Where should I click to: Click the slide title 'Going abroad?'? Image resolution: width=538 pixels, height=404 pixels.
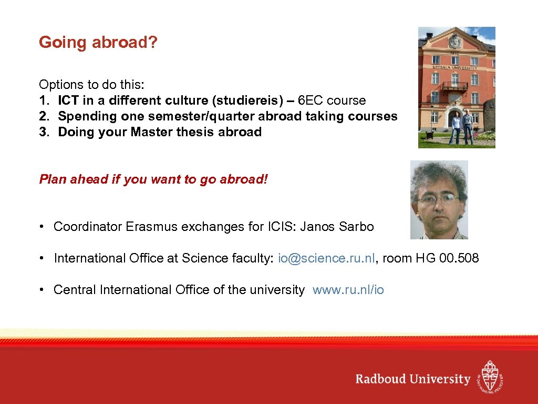pos(98,43)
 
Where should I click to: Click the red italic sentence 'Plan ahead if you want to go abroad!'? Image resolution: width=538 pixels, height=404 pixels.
pos(153,179)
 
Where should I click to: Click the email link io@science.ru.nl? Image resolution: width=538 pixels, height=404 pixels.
pos(327,258)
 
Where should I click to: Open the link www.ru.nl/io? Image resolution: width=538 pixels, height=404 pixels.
pos(348,290)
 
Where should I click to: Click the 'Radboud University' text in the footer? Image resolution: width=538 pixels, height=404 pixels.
pos(412,379)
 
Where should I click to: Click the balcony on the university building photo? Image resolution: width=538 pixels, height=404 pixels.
pos(454,86)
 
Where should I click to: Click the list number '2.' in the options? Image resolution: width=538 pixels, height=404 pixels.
pos(44,116)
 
